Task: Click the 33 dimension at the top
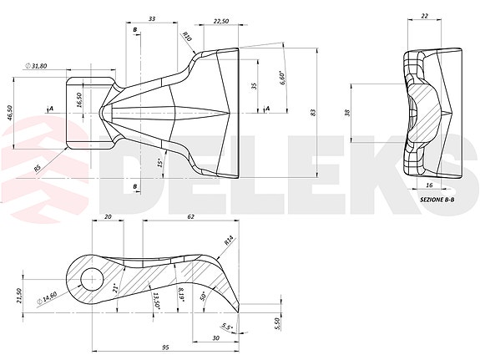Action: [151, 18]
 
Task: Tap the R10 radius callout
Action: [187, 38]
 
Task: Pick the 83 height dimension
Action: [312, 112]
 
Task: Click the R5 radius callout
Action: [38, 169]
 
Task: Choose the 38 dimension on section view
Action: [347, 113]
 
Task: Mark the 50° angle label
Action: [204, 295]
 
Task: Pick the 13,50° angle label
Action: [156, 298]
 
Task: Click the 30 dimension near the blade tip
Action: [216, 337]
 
